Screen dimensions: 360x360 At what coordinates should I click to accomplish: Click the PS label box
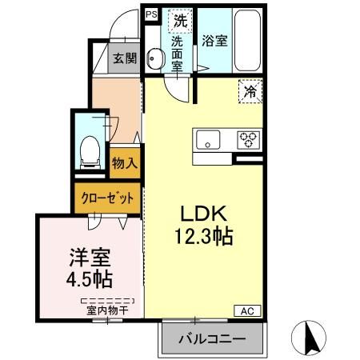(151, 14)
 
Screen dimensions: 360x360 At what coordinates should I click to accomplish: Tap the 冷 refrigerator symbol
(250, 93)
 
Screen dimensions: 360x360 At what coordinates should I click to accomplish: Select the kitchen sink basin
(209, 140)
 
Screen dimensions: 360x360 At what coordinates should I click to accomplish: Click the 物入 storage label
(126, 162)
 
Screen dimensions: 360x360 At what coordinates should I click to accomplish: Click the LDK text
(205, 214)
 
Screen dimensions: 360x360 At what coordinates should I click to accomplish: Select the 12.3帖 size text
(205, 237)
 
